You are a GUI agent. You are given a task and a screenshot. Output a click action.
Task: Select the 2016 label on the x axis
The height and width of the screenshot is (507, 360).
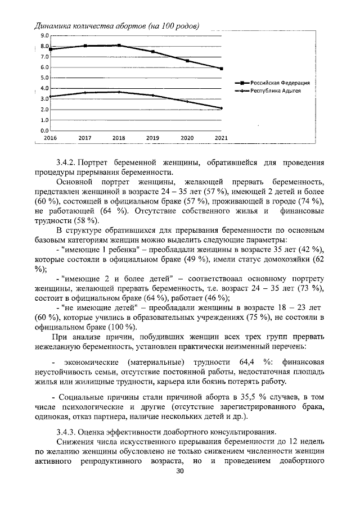click(51, 137)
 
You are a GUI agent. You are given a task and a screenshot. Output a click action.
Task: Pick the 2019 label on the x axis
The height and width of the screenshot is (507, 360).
click(153, 137)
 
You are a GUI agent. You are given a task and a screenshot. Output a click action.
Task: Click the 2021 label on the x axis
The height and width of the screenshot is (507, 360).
click(221, 137)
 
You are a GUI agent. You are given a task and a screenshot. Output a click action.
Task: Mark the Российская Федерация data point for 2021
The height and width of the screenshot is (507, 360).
click(221, 69)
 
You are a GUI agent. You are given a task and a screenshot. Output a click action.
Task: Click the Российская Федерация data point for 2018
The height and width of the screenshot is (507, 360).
click(119, 46)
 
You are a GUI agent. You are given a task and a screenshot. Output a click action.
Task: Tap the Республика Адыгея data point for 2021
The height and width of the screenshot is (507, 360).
click(221, 108)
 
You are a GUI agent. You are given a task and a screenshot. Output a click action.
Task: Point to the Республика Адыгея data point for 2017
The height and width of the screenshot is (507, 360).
click(85, 93)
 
